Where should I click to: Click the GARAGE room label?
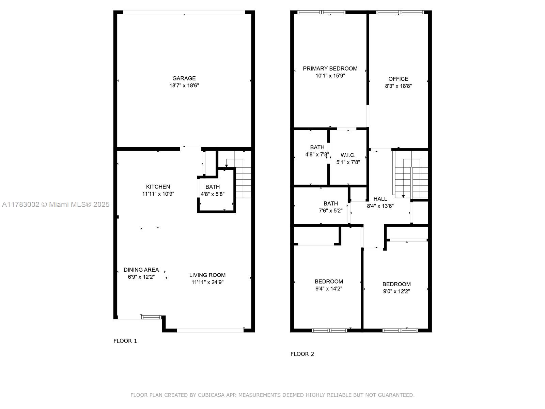pyautogui.click(x=184, y=78)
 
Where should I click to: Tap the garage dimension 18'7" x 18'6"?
pyautogui.click(x=184, y=86)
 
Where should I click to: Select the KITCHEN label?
pyautogui.click(x=158, y=187)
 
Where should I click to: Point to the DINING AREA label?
pyautogui.click(x=141, y=270)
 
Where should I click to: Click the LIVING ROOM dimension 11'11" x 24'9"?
pyautogui.click(x=207, y=282)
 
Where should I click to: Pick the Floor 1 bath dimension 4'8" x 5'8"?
pyautogui.click(x=213, y=194)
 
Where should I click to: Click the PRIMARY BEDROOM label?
pyautogui.click(x=330, y=69)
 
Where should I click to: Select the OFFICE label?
pyautogui.click(x=398, y=79)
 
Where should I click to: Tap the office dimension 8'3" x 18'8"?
pyautogui.click(x=398, y=86)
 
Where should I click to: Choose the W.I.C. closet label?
pyautogui.click(x=348, y=155)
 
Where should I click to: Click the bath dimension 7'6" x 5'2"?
pyautogui.click(x=330, y=211)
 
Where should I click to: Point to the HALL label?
pyautogui.click(x=380, y=199)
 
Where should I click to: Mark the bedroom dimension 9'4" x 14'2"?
pyautogui.click(x=329, y=289)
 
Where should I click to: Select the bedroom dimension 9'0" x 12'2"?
pyautogui.click(x=396, y=291)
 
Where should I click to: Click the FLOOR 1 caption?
pyautogui.click(x=125, y=341)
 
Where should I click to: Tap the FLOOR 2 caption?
pyautogui.click(x=302, y=354)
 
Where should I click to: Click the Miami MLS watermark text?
pyautogui.click(x=56, y=204)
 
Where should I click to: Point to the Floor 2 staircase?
pyautogui.click(x=410, y=175)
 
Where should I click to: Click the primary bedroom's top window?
pyautogui.click(x=321, y=12)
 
